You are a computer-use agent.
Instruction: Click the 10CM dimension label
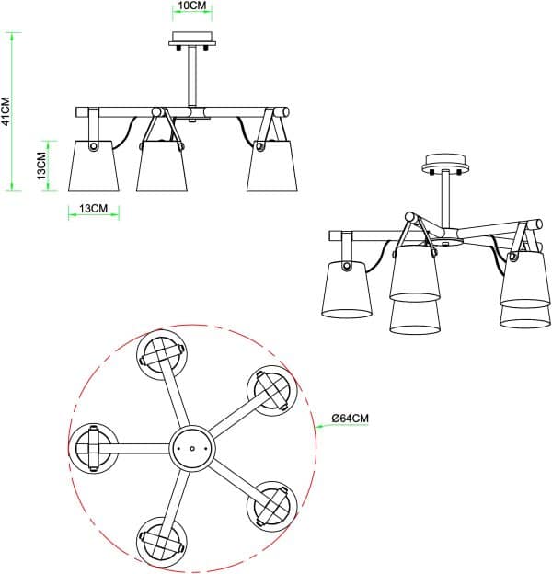pyautogui.click(x=192, y=6)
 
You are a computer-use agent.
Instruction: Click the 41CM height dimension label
pyautogui.click(x=6, y=111)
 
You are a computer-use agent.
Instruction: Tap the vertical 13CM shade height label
pyautogui.click(x=42, y=166)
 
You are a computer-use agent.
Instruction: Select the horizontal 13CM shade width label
pyautogui.click(x=94, y=208)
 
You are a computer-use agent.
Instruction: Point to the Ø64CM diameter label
pyautogui.click(x=351, y=418)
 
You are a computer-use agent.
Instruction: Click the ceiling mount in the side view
pyautogui.click(x=192, y=40)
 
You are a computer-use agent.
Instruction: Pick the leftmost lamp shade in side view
pyautogui.click(x=93, y=166)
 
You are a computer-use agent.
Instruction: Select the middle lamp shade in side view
pyautogui.click(x=162, y=166)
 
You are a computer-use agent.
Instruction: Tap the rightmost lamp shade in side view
pyautogui.click(x=272, y=166)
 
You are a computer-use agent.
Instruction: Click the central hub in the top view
pyautogui.click(x=192, y=448)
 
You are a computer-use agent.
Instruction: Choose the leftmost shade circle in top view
pyautogui.click(x=93, y=448)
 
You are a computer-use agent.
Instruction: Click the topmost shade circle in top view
pyautogui.click(x=162, y=354)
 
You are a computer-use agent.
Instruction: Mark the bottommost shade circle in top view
pyautogui.click(x=162, y=542)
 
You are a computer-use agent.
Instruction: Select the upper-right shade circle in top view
pyautogui.click(x=272, y=391)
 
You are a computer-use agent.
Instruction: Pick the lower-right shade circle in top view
pyautogui.click(x=272, y=506)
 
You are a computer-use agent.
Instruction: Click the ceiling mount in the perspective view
pyautogui.click(x=445, y=164)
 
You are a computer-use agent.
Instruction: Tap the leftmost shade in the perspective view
pyautogui.click(x=346, y=289)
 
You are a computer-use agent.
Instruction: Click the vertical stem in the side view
pyautogui.click(x=192, y=77)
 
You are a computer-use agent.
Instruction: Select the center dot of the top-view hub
pyautogui.click(x=192, y=448)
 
